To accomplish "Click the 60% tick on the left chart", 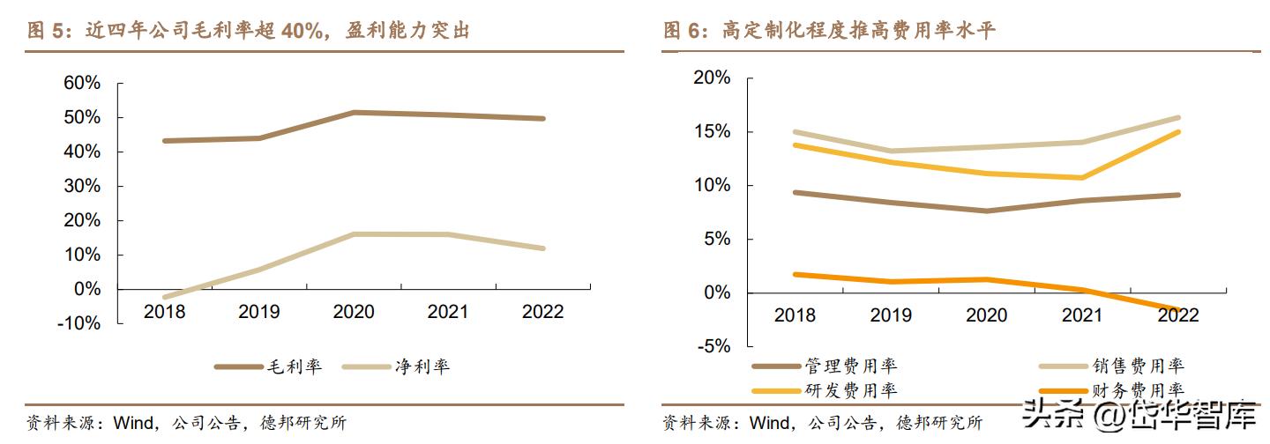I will pyautogui.click(x=82, y=84).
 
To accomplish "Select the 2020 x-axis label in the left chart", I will pyautogui.click(x=353, y=312).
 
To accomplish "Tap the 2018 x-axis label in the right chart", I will pyautogui.click(x=795, y=315).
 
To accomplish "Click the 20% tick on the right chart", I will pyautogui.click(x=712, y=78).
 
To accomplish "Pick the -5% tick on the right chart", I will pyautogui.click(x=713, y=346).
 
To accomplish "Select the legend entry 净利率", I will pyautogui.click(x=422, y=366).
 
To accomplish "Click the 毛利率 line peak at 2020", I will pyautogui.click(x=353, y=112).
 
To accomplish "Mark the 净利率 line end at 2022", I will pyautogui.click(x=543, y=248).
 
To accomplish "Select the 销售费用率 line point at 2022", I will pyautogui.click(x=1178, y=117).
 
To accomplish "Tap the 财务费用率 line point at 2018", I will pyautogui.click(x=795, y=274).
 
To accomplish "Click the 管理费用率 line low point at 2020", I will pyautogui.click(x=987, y=211).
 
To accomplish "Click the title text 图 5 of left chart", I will pyautogui.click(x=48, y=32).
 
